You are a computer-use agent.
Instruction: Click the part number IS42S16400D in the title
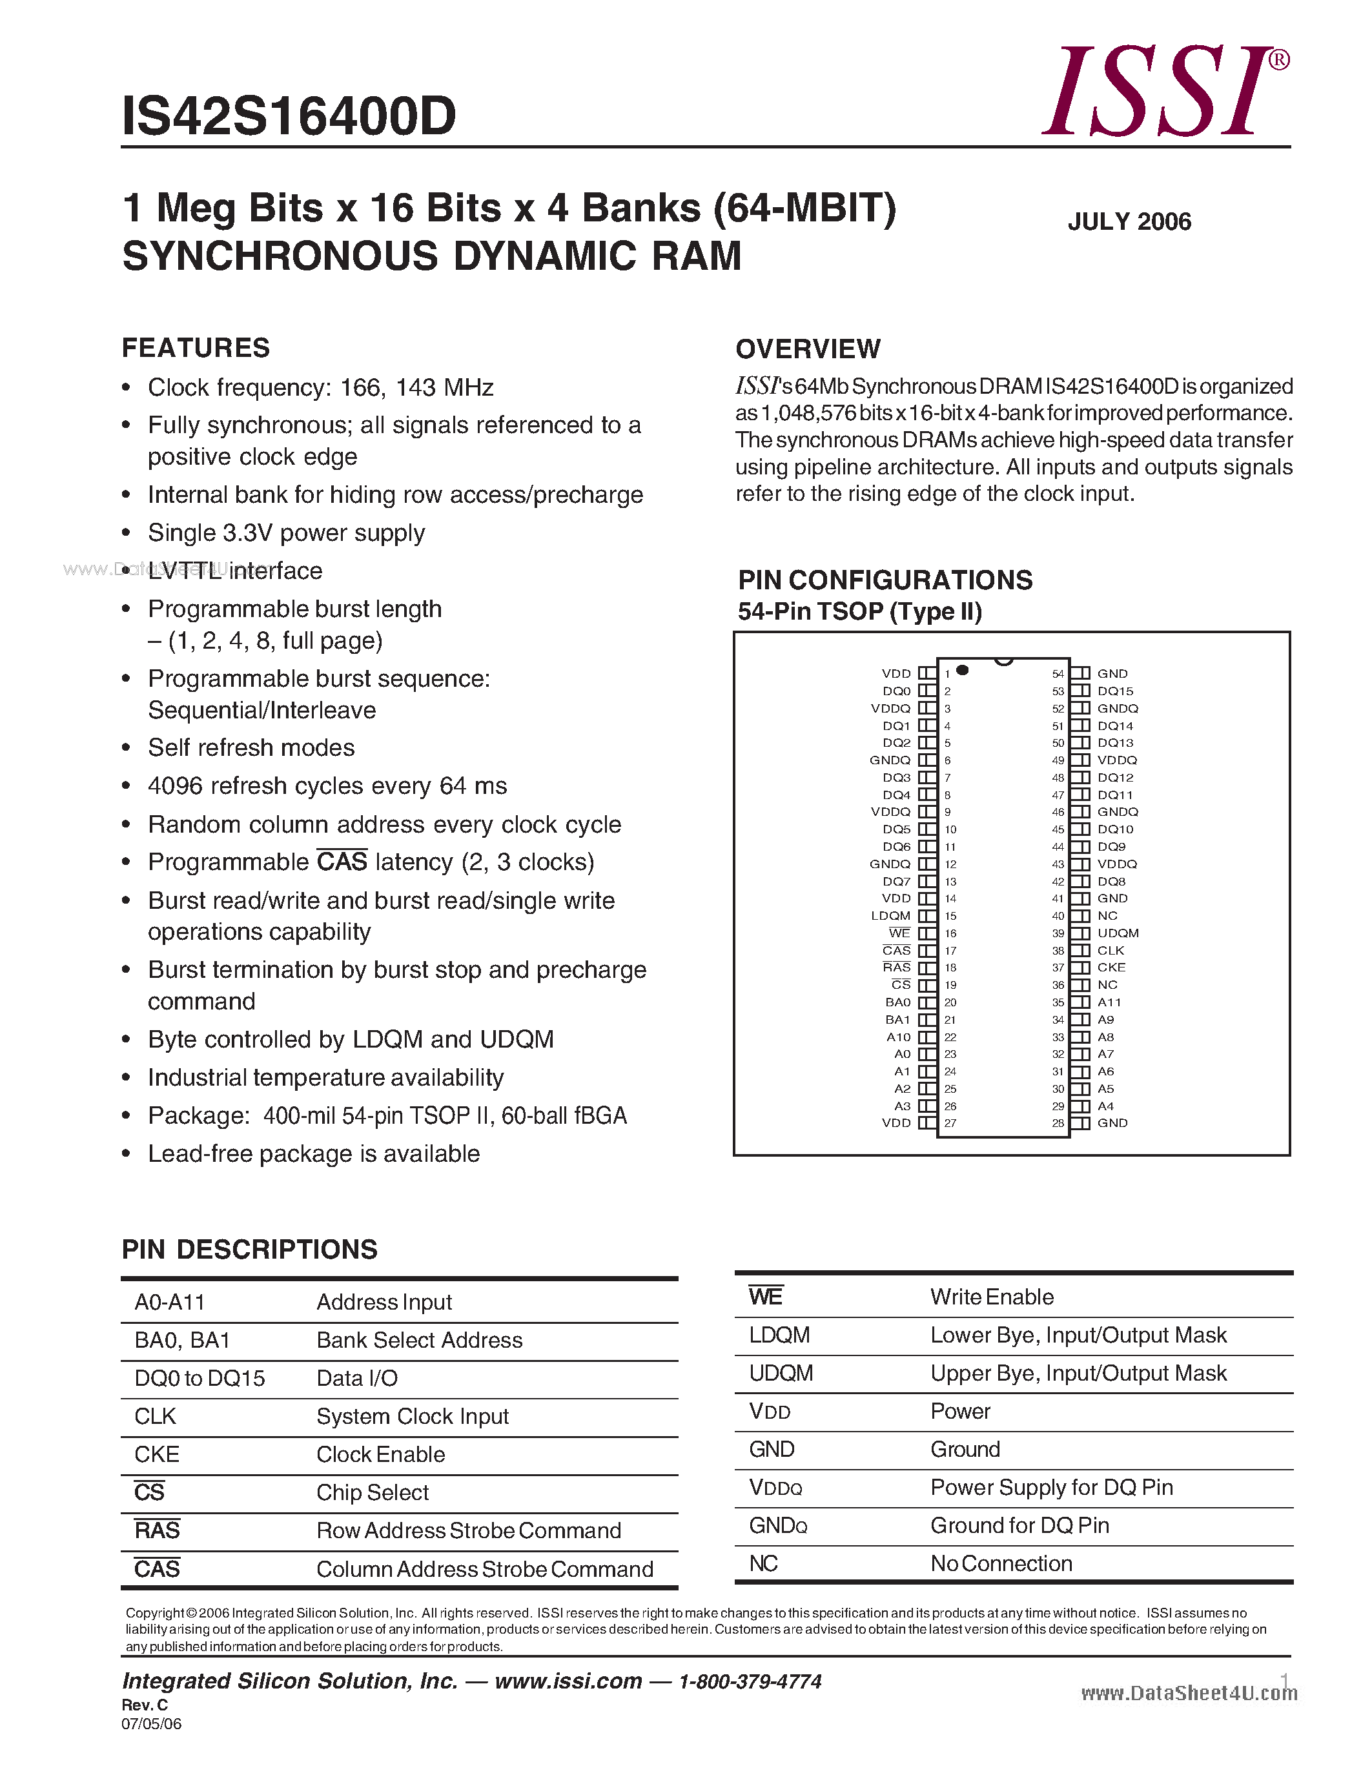pyautogui.click(x=289, y=116)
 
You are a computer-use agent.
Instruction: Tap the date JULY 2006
pyautogui.click(x=1129, y=222)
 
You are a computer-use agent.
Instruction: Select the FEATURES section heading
pyautogui.click(x=196, y=348)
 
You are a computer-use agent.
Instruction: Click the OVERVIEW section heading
pyautogui.click(x=807, y=349)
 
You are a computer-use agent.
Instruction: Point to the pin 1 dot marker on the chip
pyautogui.click(x=963, y=670)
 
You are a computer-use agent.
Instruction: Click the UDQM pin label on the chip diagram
pyautogui.click(x=1118, y=933)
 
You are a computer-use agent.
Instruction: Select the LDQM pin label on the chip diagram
pyautogui.click(x=891, y=916)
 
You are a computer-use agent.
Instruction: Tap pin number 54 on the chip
pyautogui.click(x=1058, y=674)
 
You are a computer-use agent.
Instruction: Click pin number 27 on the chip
pyautogui.click(x=950, y=1123)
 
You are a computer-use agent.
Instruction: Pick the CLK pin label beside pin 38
pyautogui.click(x=1111, y=951)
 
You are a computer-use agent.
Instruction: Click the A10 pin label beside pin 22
pyautogui.click(x=898, y=1037)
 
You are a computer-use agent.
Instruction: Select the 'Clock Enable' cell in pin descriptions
pyautogui.click(x=380, y=1454)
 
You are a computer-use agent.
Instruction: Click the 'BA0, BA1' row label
pyautogui.click(x=182, y=1340)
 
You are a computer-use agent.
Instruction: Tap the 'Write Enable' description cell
pyautogui.click(x=992, y=1297)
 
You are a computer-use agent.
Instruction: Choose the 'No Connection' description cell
pyautogui.click(x=1001, y=1564)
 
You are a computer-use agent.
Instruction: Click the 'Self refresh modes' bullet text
pyautogui.click(x=251, y=747)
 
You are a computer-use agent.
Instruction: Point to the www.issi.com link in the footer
pyautogui.click(x=568, y=1681)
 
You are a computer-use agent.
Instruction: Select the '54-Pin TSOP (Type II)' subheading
pyautogui.click(x=860, y=611)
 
